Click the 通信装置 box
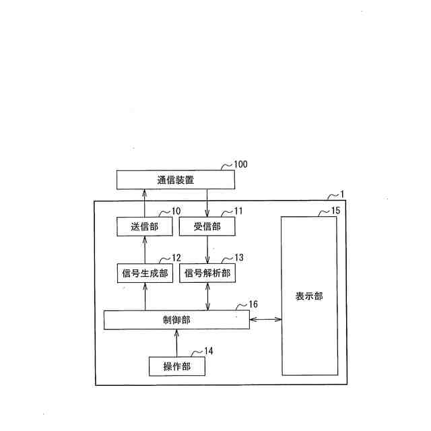[x=176, y=180]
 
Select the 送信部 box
[x=145, y=227]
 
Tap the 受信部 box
[x=207, y=227]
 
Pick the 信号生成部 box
[x=145, y=273]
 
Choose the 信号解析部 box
[x=207, y=273]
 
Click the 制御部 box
[x=176, y=320]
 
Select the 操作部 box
[x=176, y=366]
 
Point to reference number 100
[x=240, y=164]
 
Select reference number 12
[x=176, y=258]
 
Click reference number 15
[x=335, y=211]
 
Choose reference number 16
[x=253, y=304]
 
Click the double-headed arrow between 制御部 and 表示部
[x=265, y=320]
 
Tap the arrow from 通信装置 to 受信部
[x=207, y=204]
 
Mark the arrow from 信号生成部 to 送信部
[x=145, y=250]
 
